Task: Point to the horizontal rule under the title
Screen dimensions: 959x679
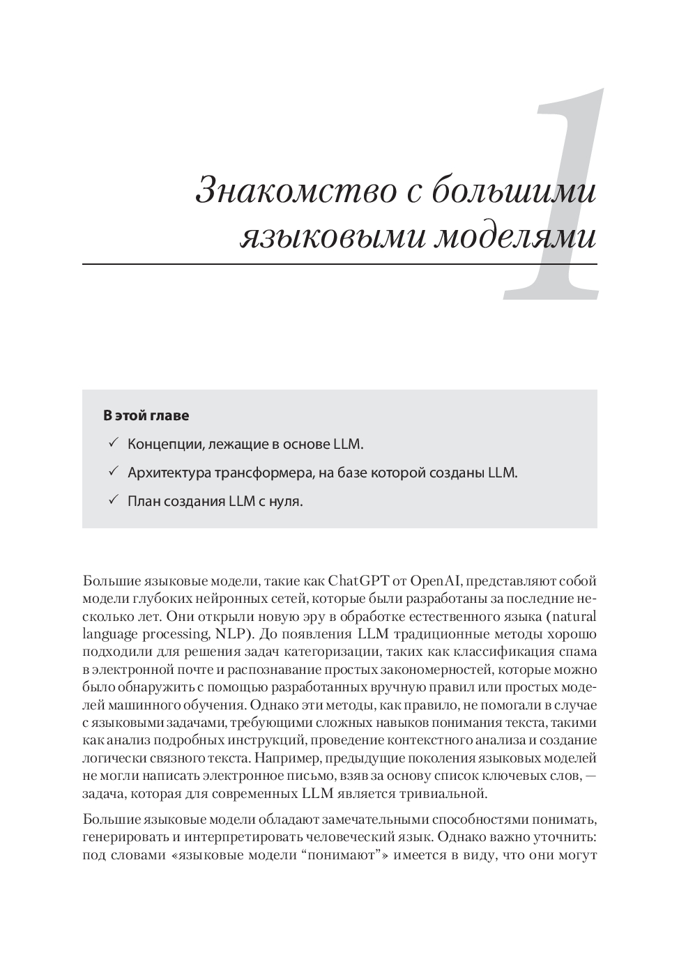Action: (x=339, y=264)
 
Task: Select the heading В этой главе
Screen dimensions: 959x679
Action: (x=146, y=416)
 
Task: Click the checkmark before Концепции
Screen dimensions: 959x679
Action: (x=114, y=444)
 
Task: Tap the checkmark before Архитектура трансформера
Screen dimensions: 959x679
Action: (x=114, y=473)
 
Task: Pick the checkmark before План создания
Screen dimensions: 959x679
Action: (x=114, y=501)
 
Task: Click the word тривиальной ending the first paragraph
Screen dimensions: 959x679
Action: (x=441, y=793)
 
